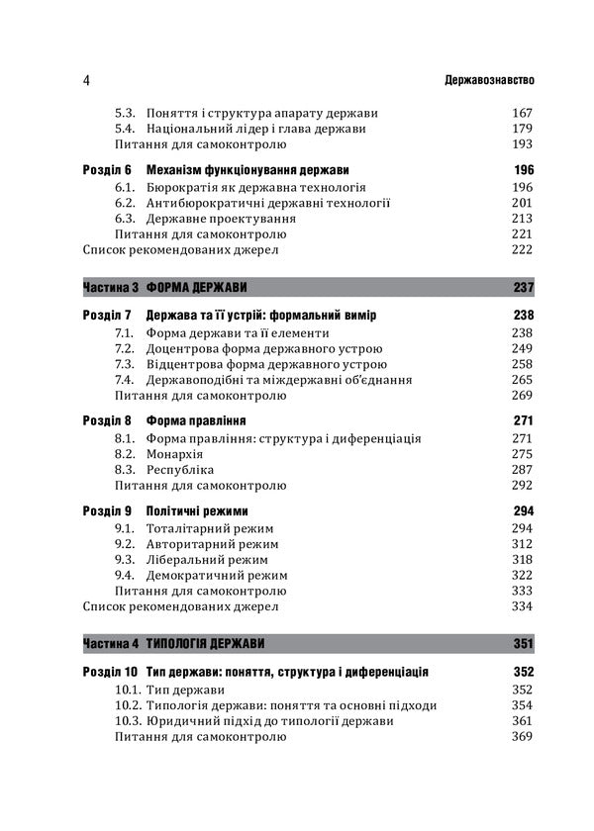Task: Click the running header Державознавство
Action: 480,80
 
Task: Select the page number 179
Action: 522,129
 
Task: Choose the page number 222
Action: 522,250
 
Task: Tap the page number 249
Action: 522,348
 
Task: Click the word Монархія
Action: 175,453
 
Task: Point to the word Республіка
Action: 180,469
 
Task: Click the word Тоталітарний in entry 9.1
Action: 189,527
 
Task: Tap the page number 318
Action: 522,559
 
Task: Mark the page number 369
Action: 522,737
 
